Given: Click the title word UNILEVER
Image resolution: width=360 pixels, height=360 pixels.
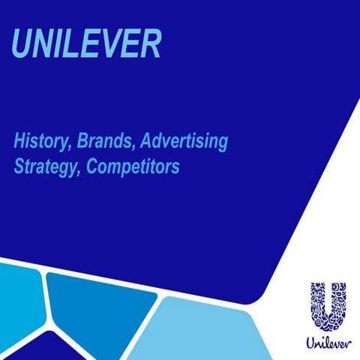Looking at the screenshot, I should (86, 46).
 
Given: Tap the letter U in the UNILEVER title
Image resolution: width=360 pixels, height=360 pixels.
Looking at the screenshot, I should (24, 46).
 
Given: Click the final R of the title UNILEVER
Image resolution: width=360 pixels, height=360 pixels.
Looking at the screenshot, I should (149, 46).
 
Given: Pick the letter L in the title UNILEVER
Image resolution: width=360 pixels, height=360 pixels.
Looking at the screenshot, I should (73, 46).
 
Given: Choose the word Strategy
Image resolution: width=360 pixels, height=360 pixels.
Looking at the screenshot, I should (46, 167).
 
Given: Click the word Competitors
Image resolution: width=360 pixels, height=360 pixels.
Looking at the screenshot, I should (133, 167).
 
